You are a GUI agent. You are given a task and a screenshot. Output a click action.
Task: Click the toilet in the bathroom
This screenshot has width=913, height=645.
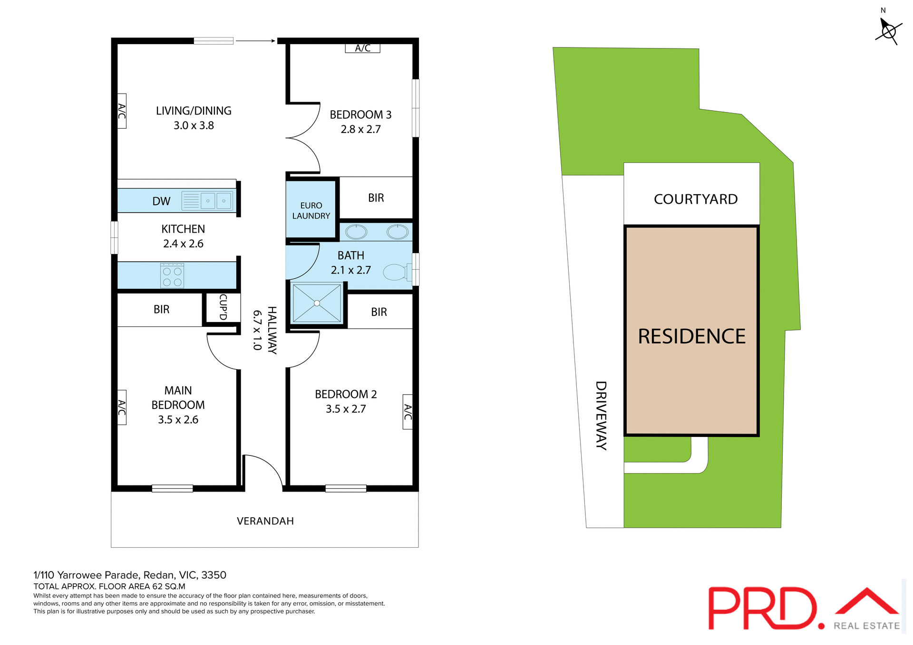coord(396,272)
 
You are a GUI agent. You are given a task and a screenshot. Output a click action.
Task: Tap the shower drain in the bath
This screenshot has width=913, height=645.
coord(317,303)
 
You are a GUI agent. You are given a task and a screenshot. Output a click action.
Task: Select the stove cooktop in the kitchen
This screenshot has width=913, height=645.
coord(172,275)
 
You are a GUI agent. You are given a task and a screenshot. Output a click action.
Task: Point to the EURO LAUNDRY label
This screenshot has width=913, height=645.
coord(311,210)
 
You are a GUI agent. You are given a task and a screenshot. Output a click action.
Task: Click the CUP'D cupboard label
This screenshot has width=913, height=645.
coord(223,307)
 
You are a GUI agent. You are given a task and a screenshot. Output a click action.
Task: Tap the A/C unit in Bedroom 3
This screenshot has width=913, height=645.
coord(362,48)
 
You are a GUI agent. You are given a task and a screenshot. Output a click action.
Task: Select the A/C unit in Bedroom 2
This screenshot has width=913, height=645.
coord(408,412)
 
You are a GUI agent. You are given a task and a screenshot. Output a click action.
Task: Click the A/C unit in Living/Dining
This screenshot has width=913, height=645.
coord(122,111)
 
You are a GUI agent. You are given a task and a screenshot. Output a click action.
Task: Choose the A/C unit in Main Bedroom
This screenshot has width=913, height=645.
coord(122,408)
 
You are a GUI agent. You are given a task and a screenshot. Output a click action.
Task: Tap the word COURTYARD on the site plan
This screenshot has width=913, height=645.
coord(695,199)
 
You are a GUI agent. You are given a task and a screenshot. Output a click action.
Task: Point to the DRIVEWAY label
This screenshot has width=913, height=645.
coord(601,416)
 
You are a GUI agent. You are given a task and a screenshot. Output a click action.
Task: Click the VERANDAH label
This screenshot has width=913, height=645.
coord(265,521)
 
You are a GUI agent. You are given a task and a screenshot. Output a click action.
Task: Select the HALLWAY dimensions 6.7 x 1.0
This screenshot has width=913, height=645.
coord(257,330)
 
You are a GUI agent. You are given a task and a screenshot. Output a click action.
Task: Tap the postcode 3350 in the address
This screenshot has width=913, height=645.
coord(214,575)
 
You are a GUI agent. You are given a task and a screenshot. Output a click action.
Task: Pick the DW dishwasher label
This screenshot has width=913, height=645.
coord(161,201)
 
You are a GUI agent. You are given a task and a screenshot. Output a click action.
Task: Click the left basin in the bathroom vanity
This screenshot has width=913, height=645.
coord(356,232)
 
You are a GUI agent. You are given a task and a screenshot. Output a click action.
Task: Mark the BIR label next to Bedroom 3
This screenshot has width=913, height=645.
coord(376,198)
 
